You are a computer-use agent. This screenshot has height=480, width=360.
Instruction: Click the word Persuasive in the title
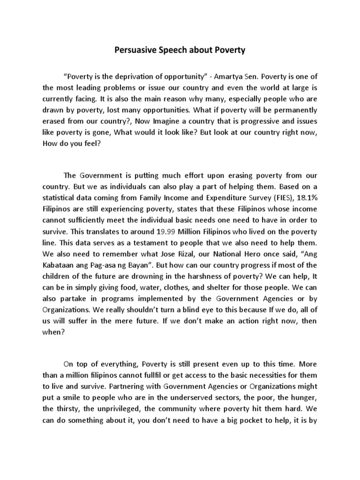coord(135,50)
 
